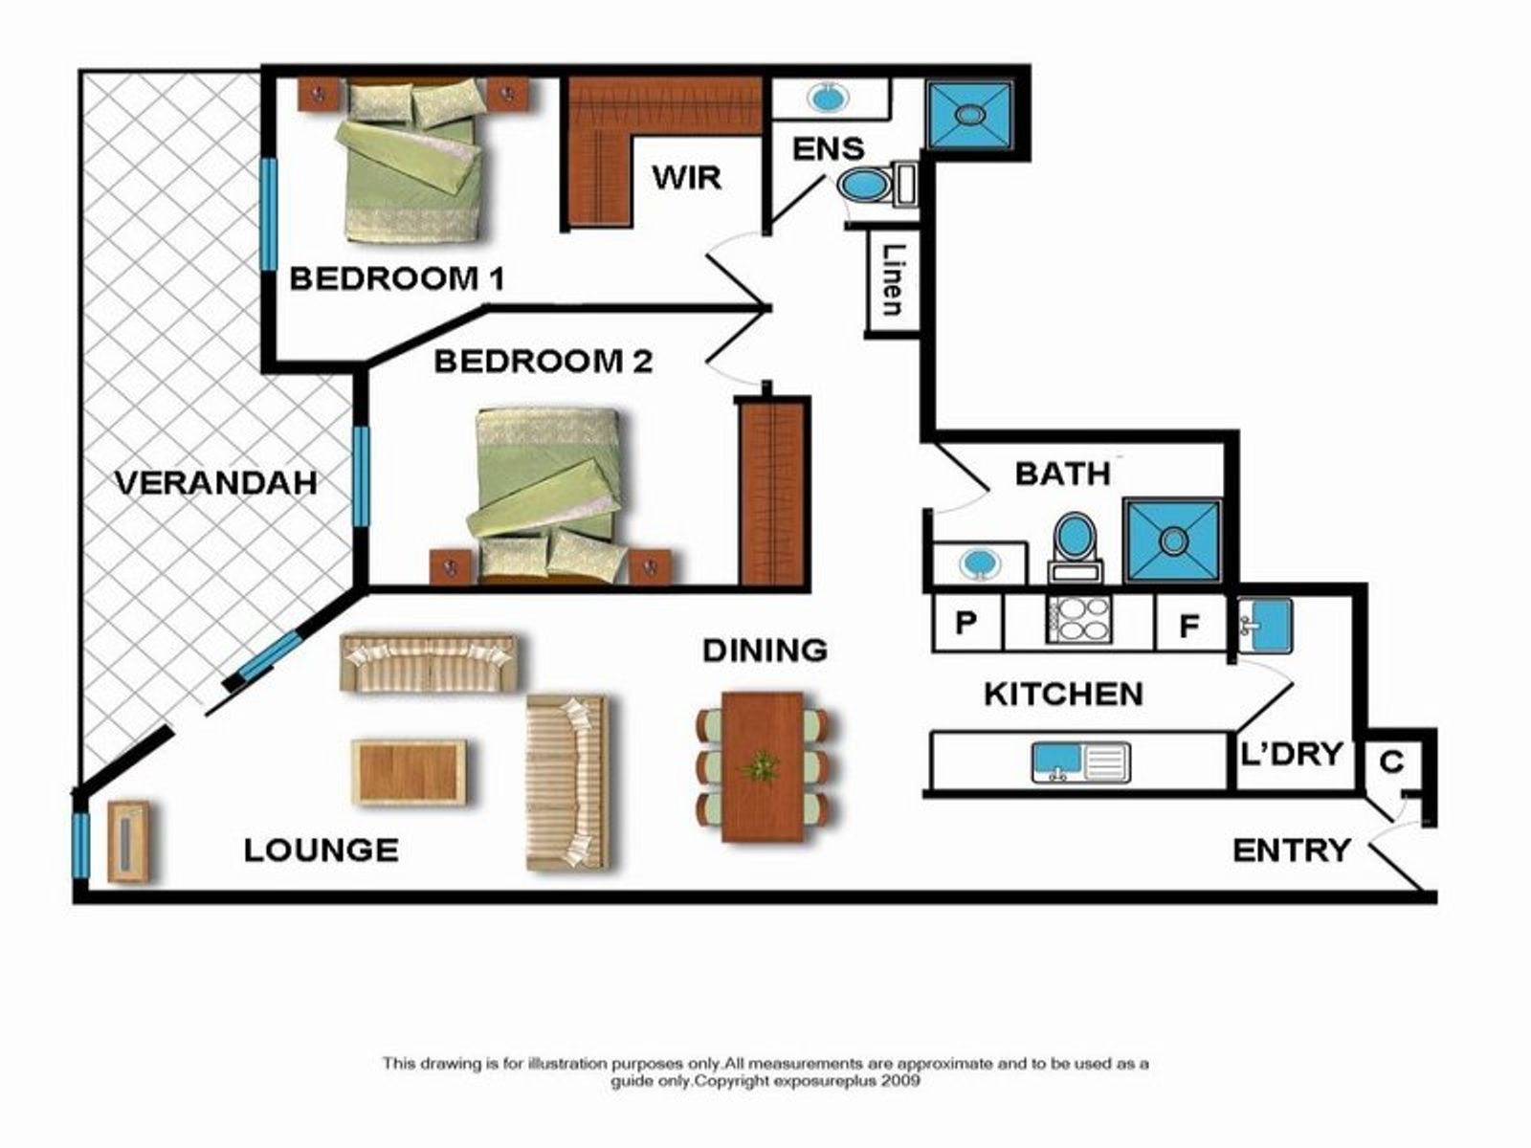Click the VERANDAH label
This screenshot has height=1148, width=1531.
click(x=216, y=483)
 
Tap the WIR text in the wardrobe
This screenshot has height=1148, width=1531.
click(x=686, y=178)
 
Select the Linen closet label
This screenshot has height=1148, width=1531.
click(x=893, y=279)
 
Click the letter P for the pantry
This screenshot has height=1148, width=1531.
click(x=965, y=622)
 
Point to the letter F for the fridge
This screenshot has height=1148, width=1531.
click(x=1188, y=626)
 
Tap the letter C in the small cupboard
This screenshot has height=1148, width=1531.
click(x=1391, y=762)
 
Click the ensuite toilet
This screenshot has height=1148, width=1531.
click(x=876, y=184)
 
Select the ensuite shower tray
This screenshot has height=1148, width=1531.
click(x=968, y=115)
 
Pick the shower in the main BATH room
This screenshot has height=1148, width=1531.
click(x=1173, y=541)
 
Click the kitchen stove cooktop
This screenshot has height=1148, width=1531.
click(x=1079, y=619)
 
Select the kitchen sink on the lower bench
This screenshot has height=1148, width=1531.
click(x=1081, y=762)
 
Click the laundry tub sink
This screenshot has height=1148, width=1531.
click(x=1266, y=626)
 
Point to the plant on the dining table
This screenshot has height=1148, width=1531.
click(x=761, y=767)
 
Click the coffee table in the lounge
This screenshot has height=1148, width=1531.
click(x=410, y=772)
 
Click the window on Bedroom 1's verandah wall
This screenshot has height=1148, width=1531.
click(x=269, y=214)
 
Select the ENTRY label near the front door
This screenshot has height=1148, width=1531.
click(x=1292, y=851)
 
